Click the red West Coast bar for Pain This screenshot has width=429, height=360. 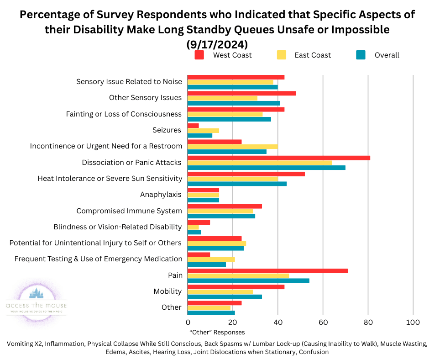point(267,271)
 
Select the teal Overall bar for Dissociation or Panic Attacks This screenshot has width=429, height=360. point(267,167)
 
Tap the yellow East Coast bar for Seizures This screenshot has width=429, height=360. point(203,131)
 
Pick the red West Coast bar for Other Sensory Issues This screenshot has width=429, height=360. point(241,93)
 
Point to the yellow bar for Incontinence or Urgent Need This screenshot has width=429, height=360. point(233,147)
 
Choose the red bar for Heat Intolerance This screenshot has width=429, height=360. point(246,174)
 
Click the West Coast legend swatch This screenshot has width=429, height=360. point(199,55)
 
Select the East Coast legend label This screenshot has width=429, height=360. point(314,55)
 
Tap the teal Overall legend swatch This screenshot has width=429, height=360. point(361,55)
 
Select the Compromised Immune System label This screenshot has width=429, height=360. point(129,211)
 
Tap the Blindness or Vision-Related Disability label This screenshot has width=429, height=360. point(117,227)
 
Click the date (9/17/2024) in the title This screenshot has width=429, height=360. point(217,45)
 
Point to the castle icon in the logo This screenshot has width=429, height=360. point(36,293)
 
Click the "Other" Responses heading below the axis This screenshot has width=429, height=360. point(217,333)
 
